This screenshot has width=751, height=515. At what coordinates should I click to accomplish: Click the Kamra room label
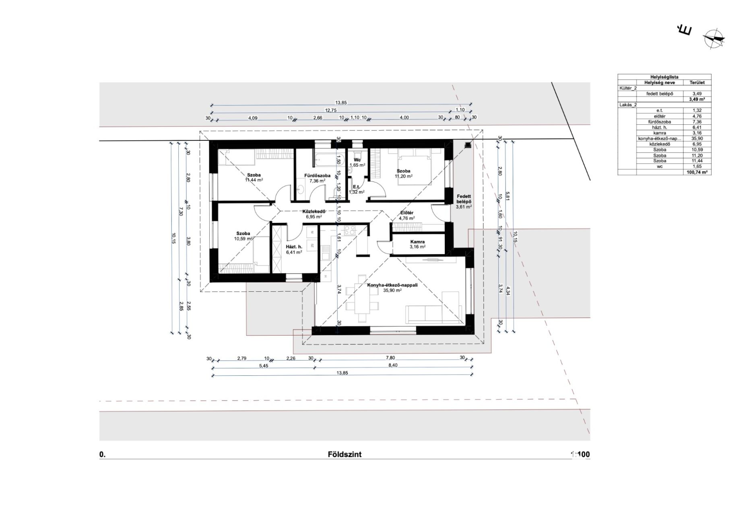pyautogui.click(x=417, y=242)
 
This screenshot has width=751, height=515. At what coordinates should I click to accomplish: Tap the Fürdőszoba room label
pyautogui.click(x=317, y=175)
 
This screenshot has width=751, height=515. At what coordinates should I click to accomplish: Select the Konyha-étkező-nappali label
pyautogui.click(x=392, y=285)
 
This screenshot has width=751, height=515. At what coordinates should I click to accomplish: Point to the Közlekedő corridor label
pyautogui.click(x=314, y=211)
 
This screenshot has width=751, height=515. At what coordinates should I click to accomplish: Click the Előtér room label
pyautogui.click(x=407, y=213)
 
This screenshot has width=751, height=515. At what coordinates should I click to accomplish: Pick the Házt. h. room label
pyautogui.click(x=294, y=247)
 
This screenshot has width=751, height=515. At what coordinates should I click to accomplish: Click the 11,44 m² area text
pyautogui.click(x=254, y=180)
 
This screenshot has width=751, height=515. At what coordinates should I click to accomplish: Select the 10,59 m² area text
pyautogui.click(x=243, y=239)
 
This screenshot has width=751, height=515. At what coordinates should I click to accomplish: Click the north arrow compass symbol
pyautogui.click(x=713, y=39)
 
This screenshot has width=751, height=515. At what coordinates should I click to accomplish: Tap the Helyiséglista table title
pyautogui.click(x=664, y=77)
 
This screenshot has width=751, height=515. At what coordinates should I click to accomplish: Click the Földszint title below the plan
pyautogui.click(x=345, y=455)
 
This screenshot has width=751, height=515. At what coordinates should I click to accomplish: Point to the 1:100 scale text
pyautogui.click(x=580, y=455)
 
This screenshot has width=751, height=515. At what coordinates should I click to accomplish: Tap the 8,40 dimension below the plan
pyautogui.click(x=393, y=366)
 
